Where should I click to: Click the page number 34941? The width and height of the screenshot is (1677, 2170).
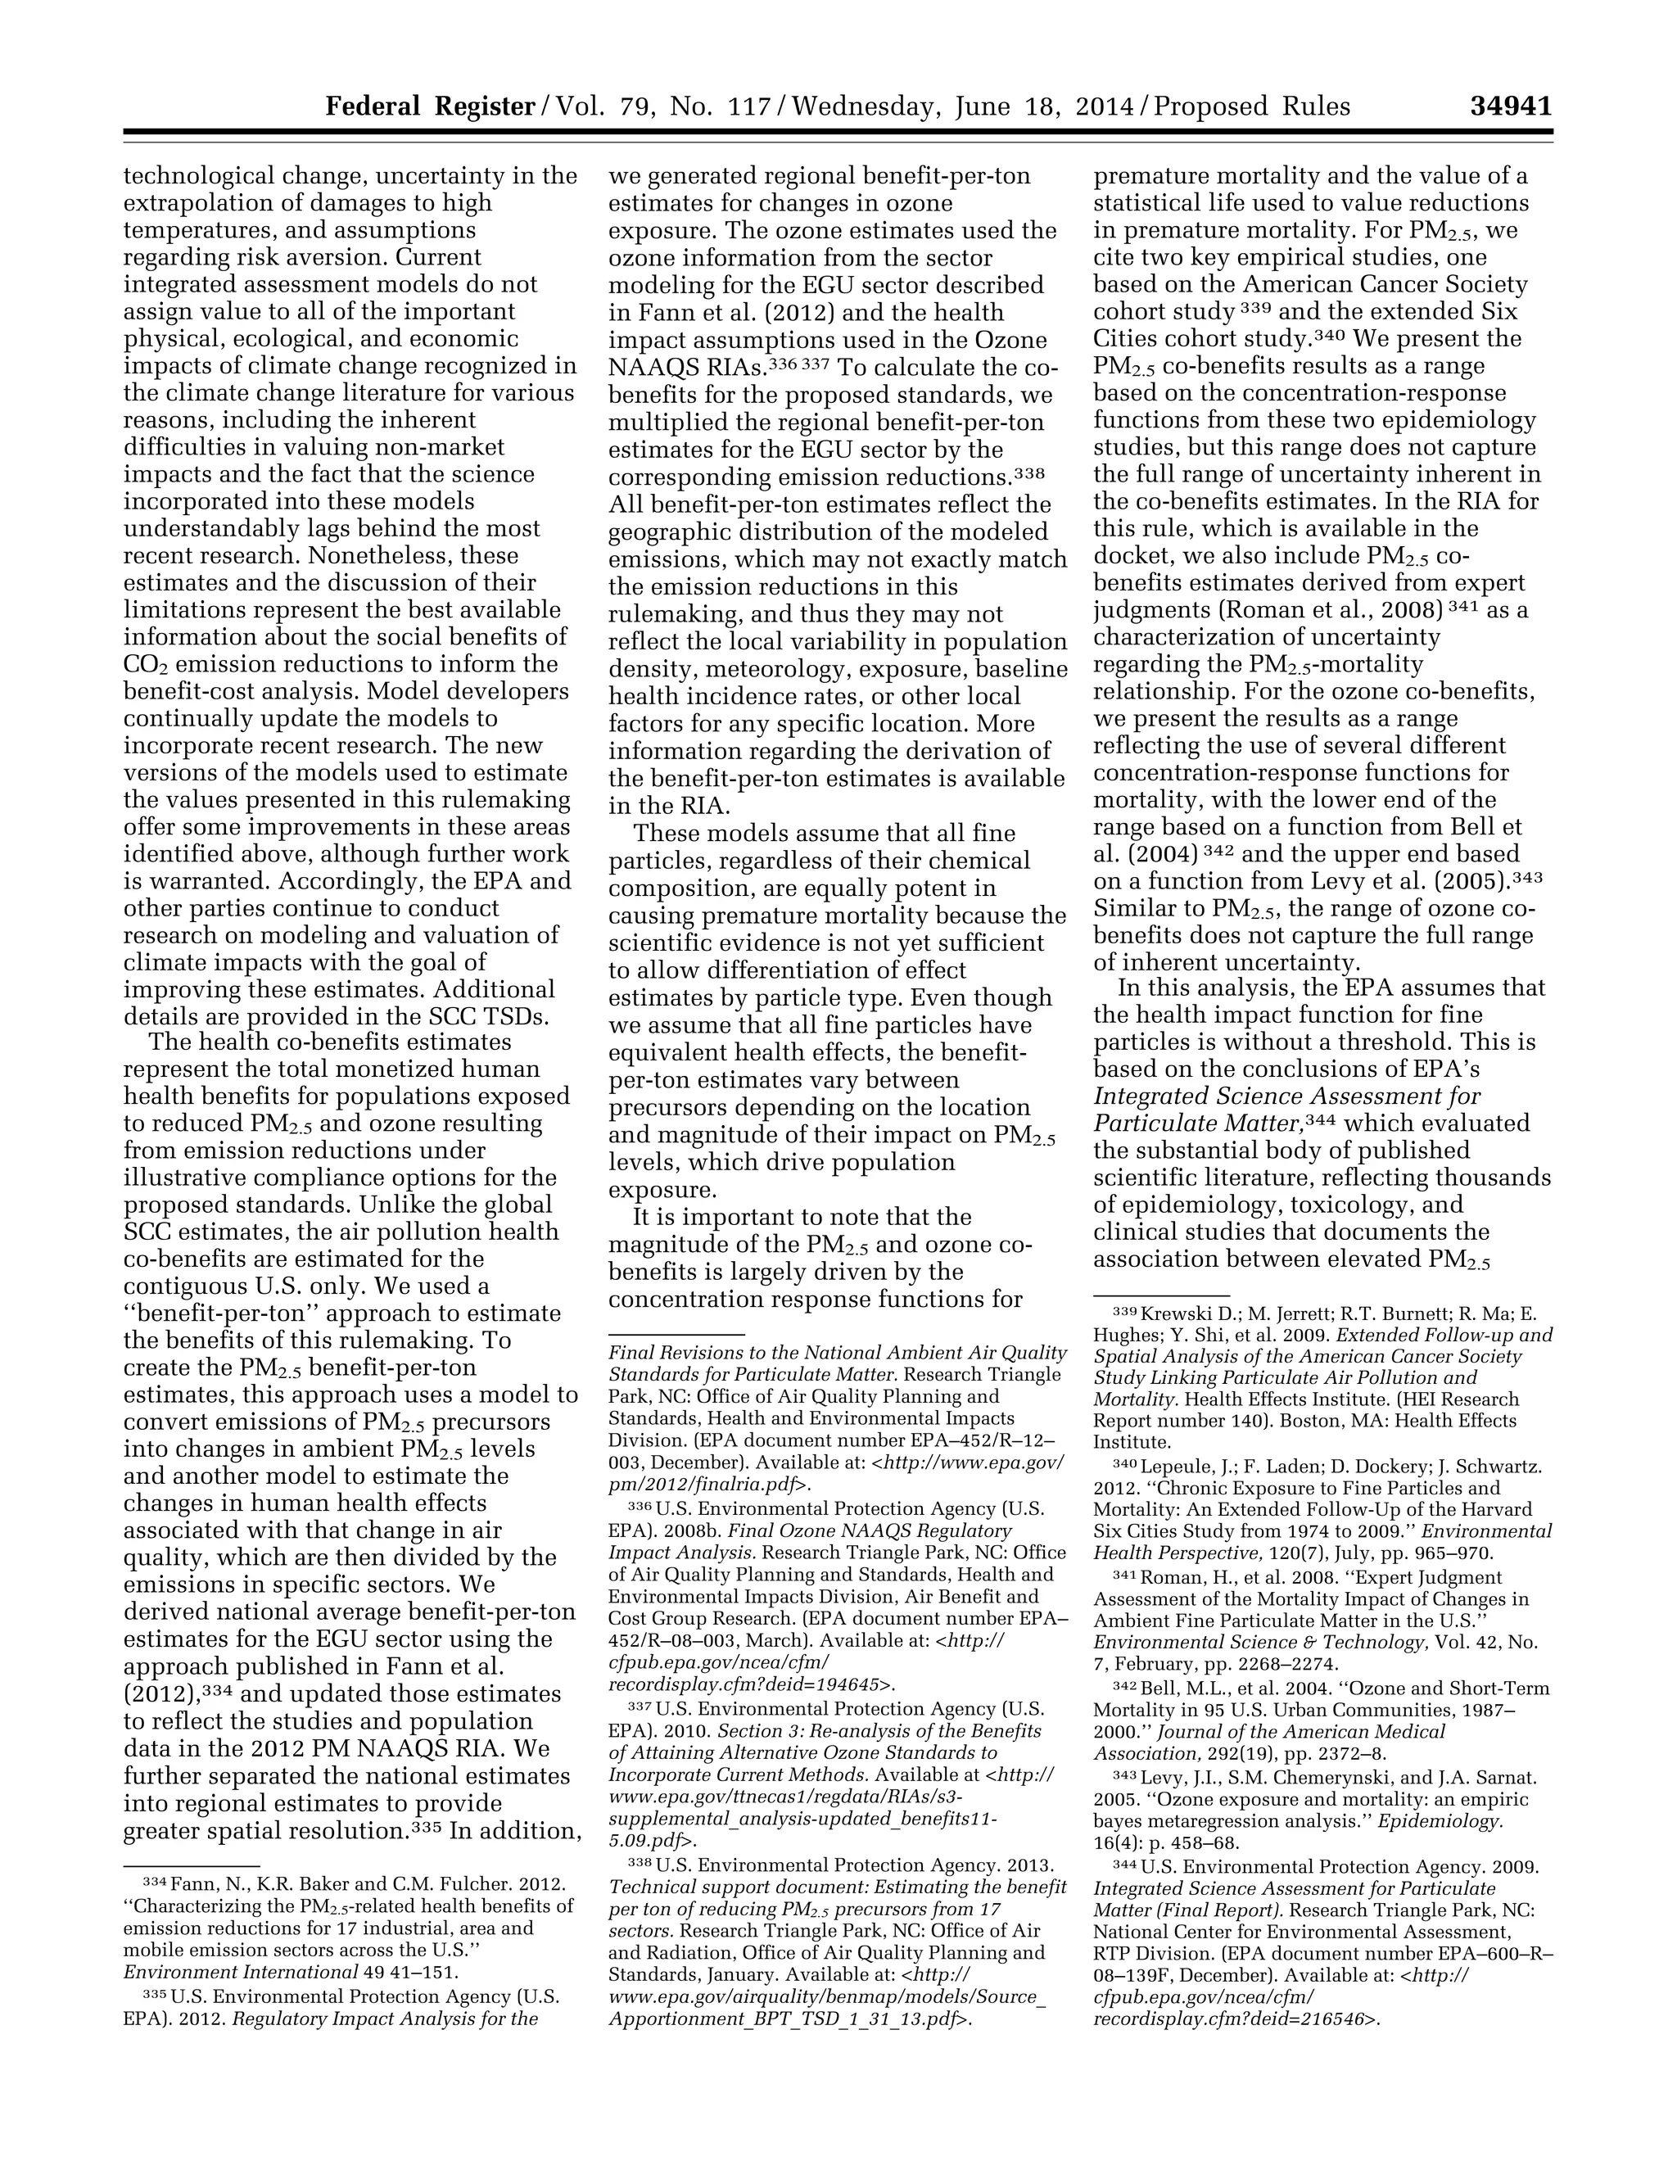1510,106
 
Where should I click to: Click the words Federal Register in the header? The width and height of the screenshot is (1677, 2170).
430,106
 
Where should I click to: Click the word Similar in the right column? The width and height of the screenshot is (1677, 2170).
1133,909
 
